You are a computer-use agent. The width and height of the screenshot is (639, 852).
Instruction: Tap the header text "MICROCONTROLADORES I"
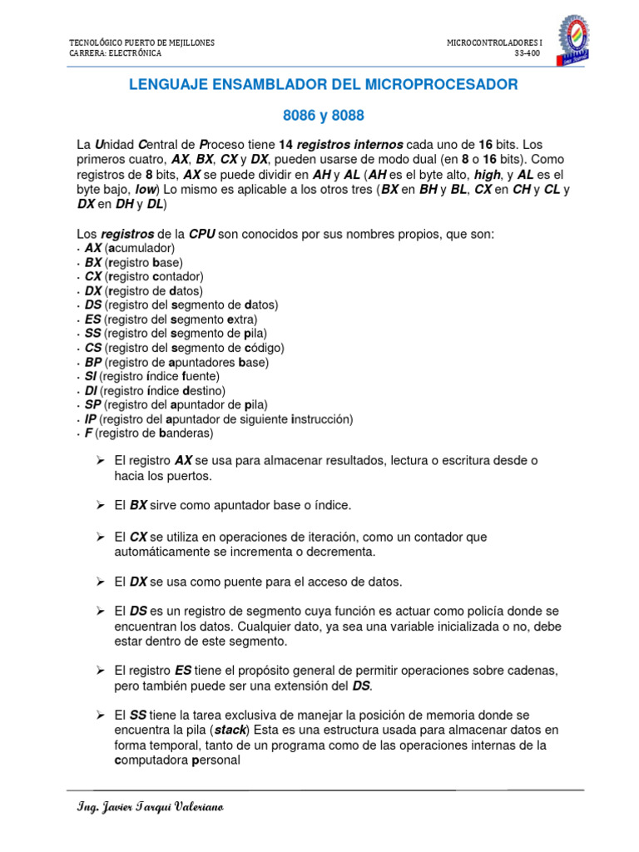[x=493, y=42]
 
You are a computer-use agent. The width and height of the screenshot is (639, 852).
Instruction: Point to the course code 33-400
[x=528, y=52]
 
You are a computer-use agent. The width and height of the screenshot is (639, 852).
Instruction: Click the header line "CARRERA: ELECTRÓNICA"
[x=115, y=52]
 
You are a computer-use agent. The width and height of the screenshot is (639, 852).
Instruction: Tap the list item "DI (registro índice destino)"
[x=155, y=390]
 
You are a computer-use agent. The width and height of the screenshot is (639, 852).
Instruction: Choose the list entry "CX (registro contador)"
[x=144, y=276]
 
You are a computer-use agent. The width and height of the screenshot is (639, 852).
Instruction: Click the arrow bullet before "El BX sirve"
[x=100, y=505]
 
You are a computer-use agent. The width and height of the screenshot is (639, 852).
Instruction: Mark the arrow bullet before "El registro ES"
[x=100, y=670]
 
